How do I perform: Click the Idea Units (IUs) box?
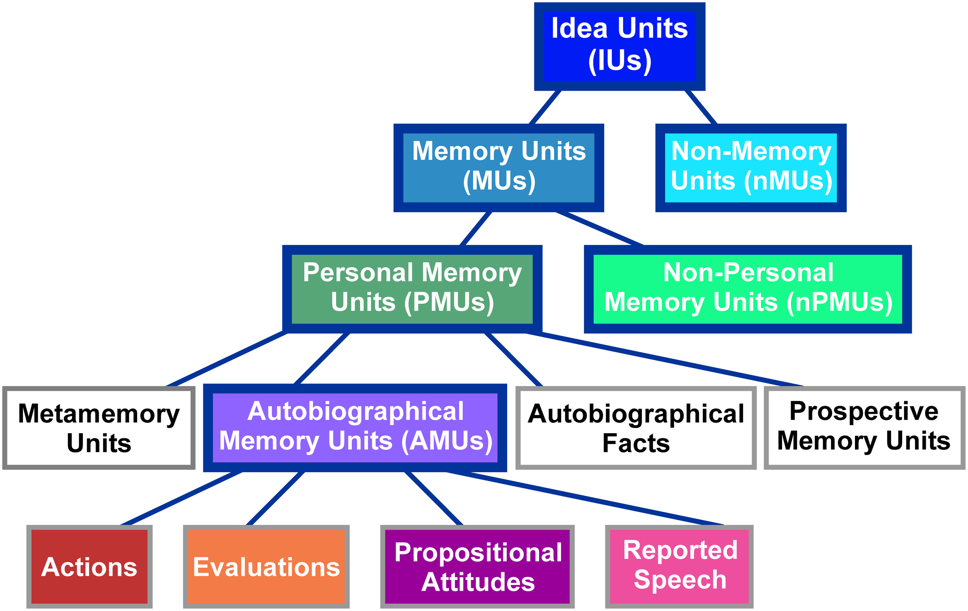coord(620,46)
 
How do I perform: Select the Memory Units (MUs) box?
coord(498,167)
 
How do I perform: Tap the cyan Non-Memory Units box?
coord(751,167)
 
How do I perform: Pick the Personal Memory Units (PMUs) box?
coord(412,289)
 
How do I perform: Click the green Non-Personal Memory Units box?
coord(748,289)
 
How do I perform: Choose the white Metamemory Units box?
coord(99,428)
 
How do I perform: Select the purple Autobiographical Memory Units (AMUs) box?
coord(355,428)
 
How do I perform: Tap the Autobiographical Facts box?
coord(636,428)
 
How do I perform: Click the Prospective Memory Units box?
coord(864,428)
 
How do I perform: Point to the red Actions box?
coord(89,566)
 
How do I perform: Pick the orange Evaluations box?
coord(266,566)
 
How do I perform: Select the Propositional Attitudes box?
coord(477,566)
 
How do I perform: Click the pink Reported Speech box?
coord(680,566)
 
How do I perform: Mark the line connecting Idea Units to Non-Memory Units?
coord(701,107)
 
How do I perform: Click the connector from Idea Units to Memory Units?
coord(545,107)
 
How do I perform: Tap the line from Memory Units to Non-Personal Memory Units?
coord(599,228)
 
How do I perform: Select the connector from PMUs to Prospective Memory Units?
coord(663,359)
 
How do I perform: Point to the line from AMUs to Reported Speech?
coord(583,497)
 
